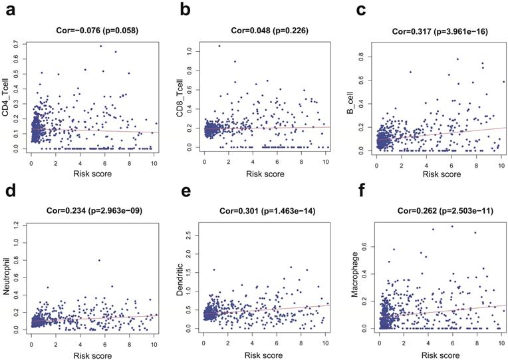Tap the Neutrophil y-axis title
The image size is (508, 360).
pos(7,277)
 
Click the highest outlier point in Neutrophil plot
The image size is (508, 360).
pos(99,260)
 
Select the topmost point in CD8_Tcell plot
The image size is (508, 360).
pos(219,46)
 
